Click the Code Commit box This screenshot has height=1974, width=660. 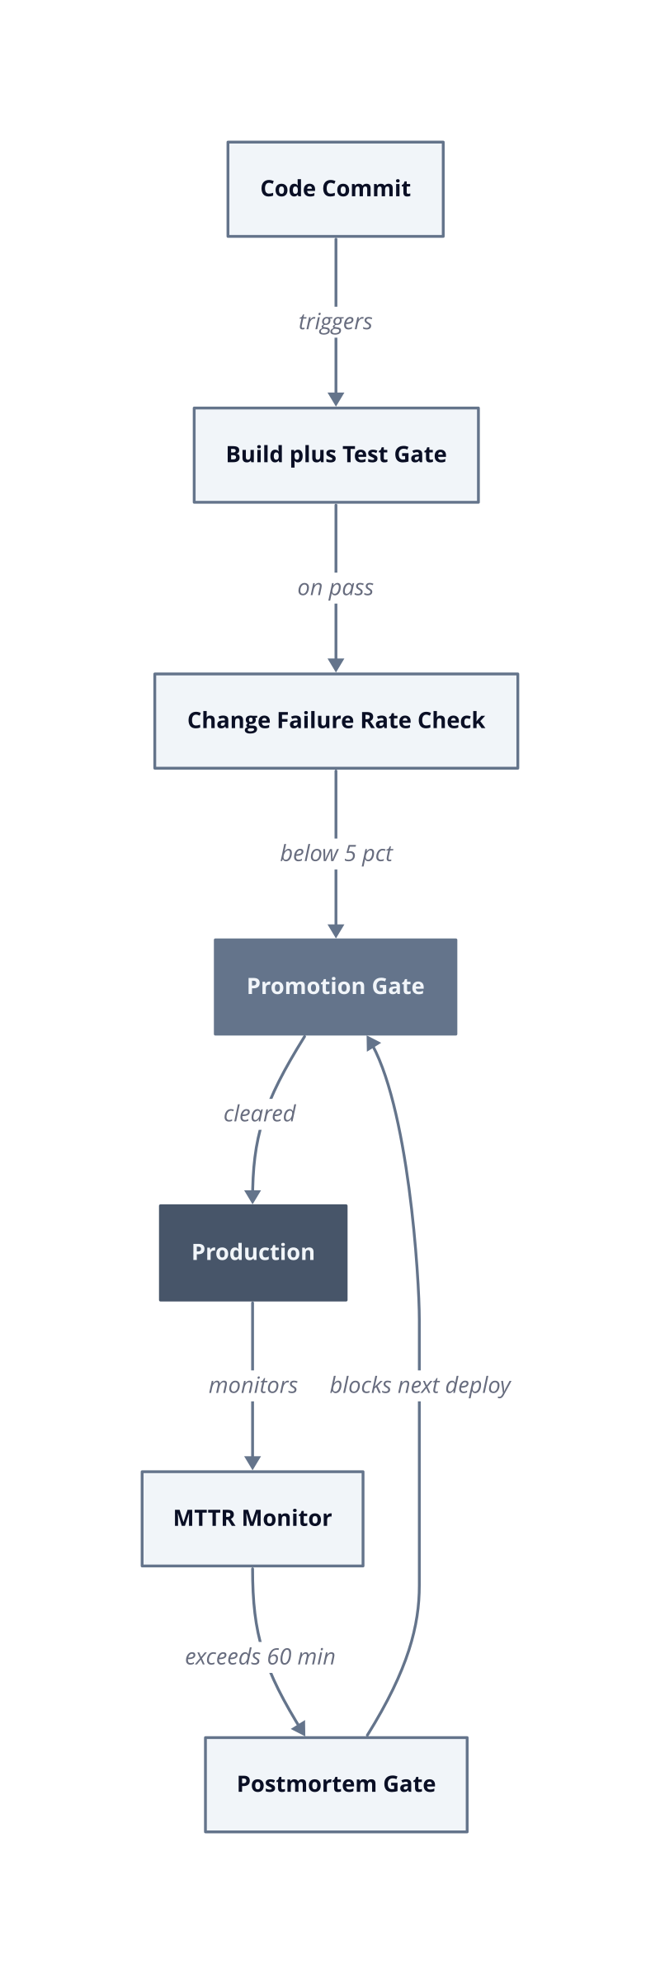pos(336,189)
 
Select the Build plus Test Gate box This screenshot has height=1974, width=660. pos(336,455)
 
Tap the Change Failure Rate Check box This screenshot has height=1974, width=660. pos(336,721)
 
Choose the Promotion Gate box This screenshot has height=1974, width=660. pos(336,987)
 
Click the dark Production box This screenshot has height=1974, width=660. pos(253,1252)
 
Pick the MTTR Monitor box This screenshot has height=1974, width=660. pos(252,1519)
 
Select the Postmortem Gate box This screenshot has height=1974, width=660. pos(336,1784)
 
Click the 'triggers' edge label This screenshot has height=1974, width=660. pos(336,322)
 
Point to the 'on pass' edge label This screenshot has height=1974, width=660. pos(336,588)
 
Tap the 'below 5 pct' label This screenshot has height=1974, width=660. pos(336,854)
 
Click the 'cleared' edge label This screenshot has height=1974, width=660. pos(260,1114)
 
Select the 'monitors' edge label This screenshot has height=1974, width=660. pos(253,1385)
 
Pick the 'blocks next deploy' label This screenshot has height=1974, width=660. pos(420,1386)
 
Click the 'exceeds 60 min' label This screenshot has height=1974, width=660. pos(260,1656)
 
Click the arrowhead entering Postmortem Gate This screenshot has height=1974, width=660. pos(299,1728)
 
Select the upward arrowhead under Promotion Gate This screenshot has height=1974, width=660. pos(373,1044)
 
